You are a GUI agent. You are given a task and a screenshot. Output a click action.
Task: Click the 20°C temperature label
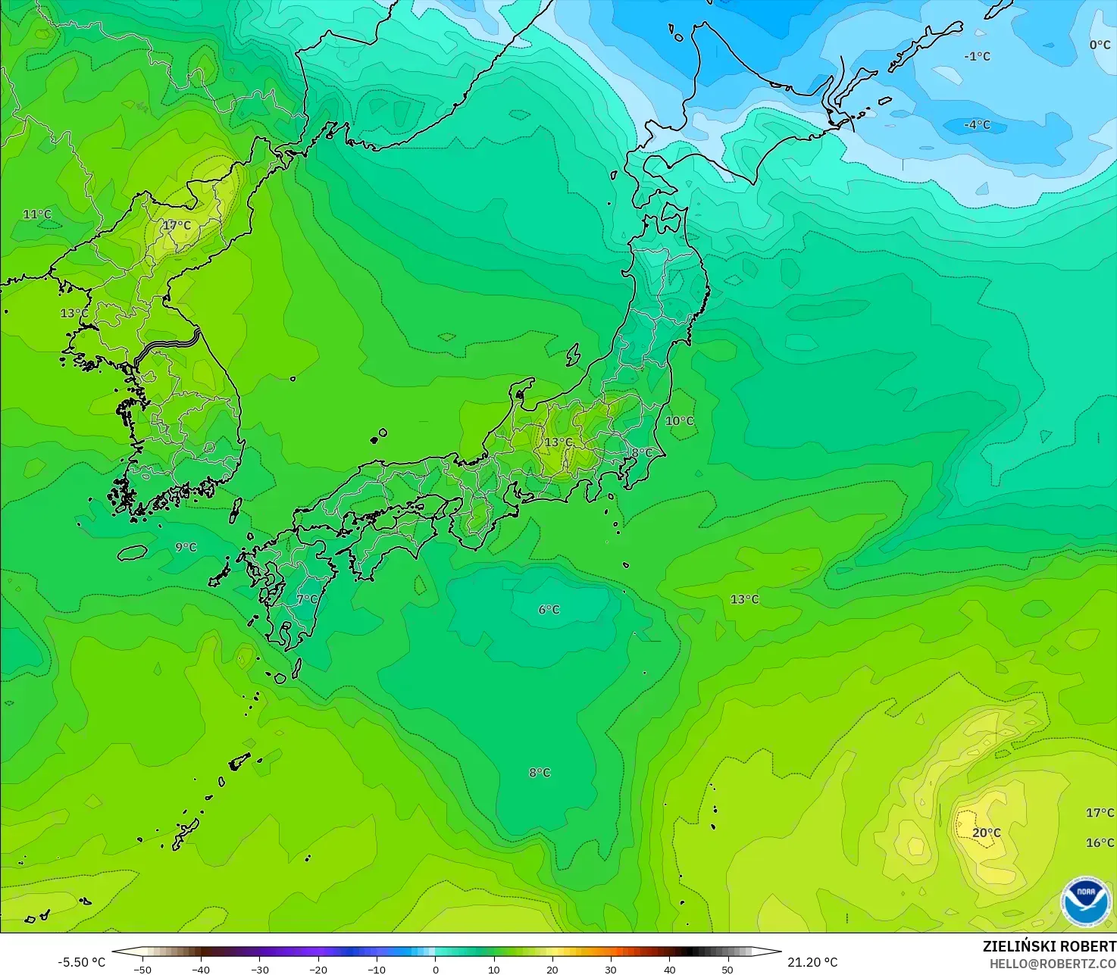coord(986,833)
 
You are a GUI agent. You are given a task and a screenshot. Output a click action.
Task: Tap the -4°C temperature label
coord(977,125)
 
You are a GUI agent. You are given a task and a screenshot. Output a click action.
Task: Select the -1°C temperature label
coord(977,57)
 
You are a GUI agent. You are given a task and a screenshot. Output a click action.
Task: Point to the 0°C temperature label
coord(1100,45)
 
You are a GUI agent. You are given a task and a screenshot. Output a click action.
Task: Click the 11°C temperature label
coord(36,214)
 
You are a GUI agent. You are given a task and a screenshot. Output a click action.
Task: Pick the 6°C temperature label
coord(549,610)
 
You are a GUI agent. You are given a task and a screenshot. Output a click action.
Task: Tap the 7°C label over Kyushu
coord(307,599)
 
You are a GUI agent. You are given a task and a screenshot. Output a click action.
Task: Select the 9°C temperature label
coord(186,548)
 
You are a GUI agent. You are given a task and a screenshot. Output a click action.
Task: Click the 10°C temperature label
coord(679,421)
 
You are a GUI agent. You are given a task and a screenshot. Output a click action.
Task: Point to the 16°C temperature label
coord(1100,843)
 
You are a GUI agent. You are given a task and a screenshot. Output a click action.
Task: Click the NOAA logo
coord(1085,902)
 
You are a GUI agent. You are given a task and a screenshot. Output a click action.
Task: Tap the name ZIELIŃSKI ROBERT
coord(1049,946)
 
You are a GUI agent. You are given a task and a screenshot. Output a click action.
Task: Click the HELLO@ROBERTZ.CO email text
coord(1053,963)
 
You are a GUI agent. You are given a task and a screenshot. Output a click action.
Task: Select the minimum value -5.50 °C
coord(82,962)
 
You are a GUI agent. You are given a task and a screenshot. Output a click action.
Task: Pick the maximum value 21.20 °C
coord(812,962)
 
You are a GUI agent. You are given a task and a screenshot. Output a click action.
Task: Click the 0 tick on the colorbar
coord(435,969)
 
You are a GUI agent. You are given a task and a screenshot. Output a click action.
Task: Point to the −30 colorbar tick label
coord(259,969)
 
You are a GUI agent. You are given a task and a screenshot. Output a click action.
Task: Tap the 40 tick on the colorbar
coord(669,969)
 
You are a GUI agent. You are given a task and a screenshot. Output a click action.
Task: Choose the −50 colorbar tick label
coord(142,969)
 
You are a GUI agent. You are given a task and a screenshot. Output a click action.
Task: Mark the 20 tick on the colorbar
coord(552,969)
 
